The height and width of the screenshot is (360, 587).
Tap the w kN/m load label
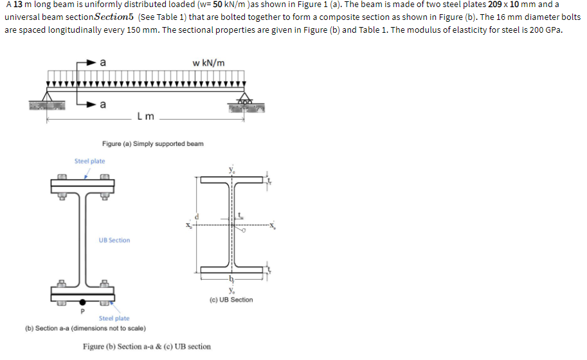pyautogui.click(x=208, y=62)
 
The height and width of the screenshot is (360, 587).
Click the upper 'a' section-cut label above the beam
pyautogui.click(x=102, y=62)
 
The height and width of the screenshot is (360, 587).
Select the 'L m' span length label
pyautogui.click(x=145, y=116)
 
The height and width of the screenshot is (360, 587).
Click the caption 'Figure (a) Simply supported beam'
pyautogui.click(x=153, y=143)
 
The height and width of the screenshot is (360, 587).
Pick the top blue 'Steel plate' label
pyautogui.click(x=89, y=161)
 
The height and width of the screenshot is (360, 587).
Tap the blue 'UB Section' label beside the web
pyautogui.click(x=114, y=240)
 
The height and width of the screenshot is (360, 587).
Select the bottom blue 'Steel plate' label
pyautogui.click(x=114, y=318)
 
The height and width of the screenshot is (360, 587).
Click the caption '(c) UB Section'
pyautogui.click(x=231, y=300)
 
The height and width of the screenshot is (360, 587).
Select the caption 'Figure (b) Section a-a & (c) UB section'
pyautogui.click(x=147, y=346)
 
